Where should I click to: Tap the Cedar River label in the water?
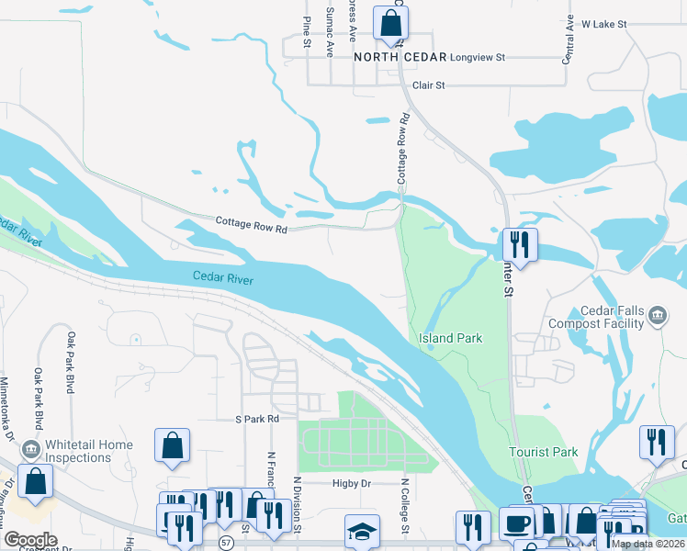[223, 276]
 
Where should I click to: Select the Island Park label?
[450, 338]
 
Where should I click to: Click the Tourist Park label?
[544, 452]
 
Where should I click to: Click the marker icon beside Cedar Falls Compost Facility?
[657, 317]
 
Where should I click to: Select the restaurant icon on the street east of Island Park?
[520, 245]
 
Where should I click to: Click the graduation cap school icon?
[361, 532]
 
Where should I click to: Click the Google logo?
[30, 540]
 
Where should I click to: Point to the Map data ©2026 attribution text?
[648, 544]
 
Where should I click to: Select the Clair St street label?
[428, 84]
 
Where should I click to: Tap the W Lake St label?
[603, 23]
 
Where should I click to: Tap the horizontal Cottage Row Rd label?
[252, 222]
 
